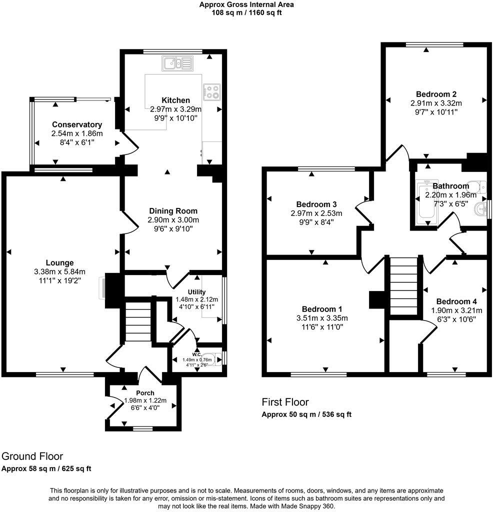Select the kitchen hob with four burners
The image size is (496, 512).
(211, 91)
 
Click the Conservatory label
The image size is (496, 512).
(77, 124)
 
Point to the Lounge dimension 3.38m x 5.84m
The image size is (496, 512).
(60, 271)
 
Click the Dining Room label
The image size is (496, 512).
(172, 211)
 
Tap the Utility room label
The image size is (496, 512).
(196, 292)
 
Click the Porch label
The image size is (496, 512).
(145, 392)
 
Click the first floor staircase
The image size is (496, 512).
(403, 286)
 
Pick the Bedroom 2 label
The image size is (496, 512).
(436, 94)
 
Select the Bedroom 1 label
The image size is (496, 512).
(322, 309)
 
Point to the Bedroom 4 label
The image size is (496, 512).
(456, 301)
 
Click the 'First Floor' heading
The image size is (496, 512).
(285, 402)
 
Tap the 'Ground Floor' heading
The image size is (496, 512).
(32, 456)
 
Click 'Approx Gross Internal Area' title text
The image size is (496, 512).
(246, 4)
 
